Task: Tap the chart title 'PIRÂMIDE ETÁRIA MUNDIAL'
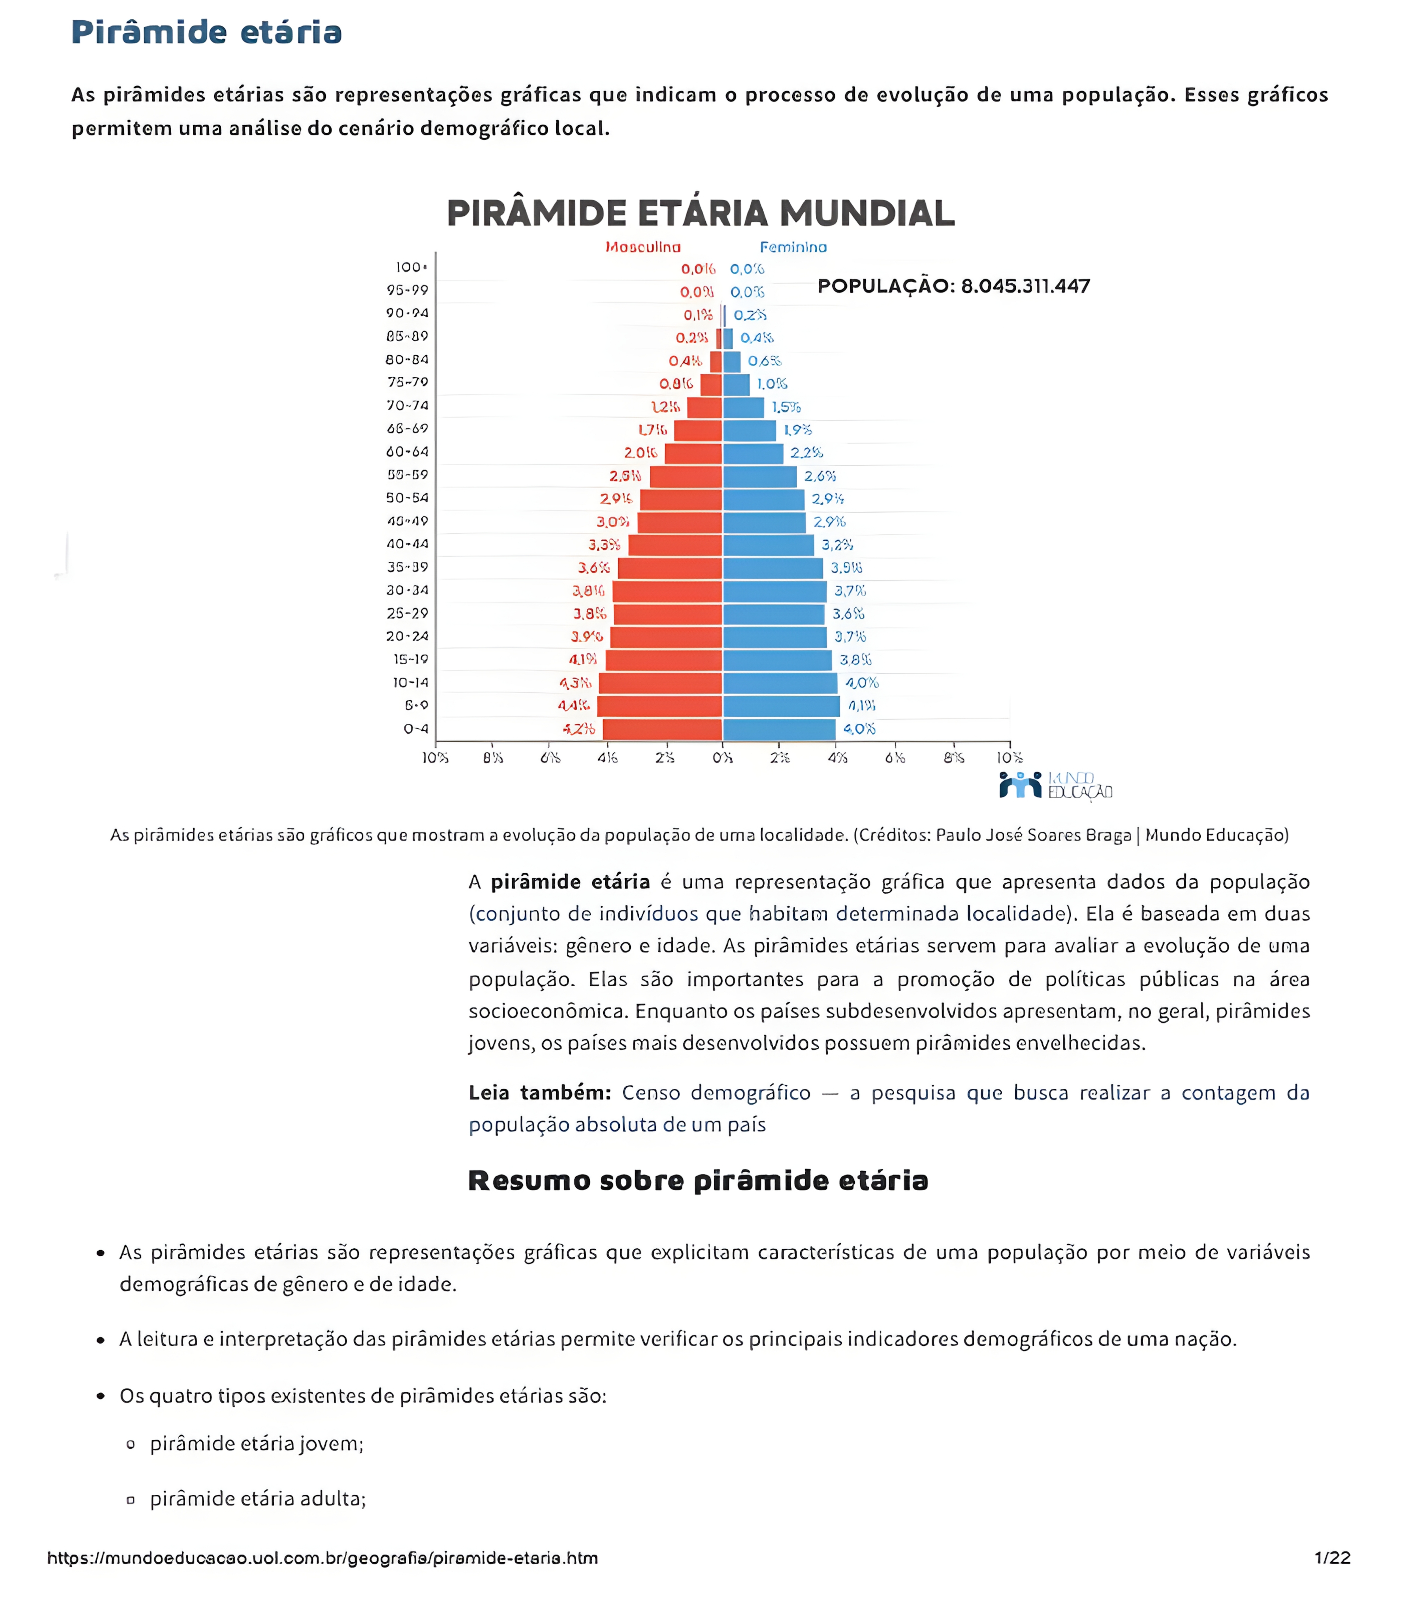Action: [x=700, y=213]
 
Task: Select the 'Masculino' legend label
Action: [x=642, y=247]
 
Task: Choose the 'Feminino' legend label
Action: [x=793, y=247]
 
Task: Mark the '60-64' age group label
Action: [x=407, y=452]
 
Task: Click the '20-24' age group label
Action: [x=407, y=636]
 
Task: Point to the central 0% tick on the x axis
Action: [x=722, y=757]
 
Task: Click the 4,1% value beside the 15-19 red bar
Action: [x=583, y=660]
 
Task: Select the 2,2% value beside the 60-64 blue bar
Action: [x=806, y=453]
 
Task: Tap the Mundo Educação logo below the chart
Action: [x=1055, y=785]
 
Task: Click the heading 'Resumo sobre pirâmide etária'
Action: [x=698, y=1180]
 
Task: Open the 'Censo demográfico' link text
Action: [x=716, y=1092]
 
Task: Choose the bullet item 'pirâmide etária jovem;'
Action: [x=256, y=1444]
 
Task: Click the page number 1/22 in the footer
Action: [x=1332, y=1558]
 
